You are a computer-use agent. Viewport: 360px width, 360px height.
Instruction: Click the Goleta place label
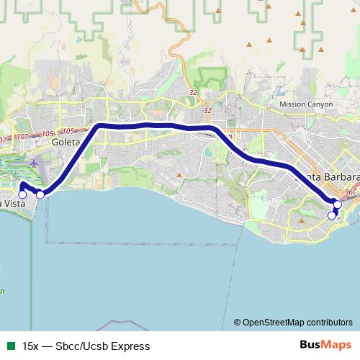[x=64, y=143]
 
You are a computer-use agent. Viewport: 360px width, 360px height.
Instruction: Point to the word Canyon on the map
[x=321, y=104]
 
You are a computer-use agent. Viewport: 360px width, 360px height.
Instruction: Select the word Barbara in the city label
[x=340, y=177]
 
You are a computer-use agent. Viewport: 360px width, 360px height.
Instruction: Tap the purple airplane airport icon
[x=34, y=164]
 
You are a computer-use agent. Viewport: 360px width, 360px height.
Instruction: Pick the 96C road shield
[x=351, y=192]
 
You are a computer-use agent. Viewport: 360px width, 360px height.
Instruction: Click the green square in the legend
[x=11, y=346]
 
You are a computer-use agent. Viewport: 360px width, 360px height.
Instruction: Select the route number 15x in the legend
[x=30, y=346]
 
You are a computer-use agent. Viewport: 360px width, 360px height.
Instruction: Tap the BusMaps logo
[x=320, y=346]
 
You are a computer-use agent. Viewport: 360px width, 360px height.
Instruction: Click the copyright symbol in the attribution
[x=238, y=322]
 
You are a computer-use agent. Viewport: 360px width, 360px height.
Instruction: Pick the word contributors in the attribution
[x=327, y=322]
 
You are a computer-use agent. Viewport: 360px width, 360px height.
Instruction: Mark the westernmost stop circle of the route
[x=22, y=194]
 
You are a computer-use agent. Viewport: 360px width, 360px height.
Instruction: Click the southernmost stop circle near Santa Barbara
[x=332, y=215]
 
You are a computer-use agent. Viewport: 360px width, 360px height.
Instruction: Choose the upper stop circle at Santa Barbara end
[x=338, y=204]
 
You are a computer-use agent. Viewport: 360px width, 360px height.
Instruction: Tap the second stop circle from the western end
[x=40, y=194]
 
